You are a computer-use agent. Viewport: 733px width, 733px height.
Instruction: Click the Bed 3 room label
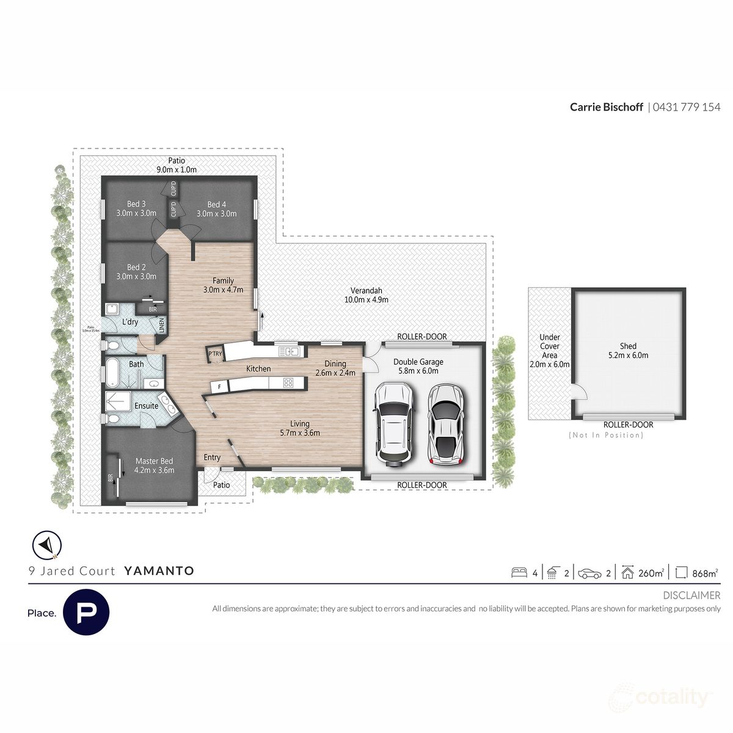136,208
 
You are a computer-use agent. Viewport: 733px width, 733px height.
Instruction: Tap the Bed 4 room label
216,209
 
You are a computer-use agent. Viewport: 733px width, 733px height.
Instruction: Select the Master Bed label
155,465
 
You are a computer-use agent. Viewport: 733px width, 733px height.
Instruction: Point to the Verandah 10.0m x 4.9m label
366,295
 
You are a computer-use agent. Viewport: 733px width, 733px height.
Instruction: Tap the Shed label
628,350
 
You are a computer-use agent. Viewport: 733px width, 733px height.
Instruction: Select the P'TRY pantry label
215,354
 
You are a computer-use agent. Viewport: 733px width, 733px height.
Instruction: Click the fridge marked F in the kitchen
219,386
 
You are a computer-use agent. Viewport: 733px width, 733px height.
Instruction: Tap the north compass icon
46,545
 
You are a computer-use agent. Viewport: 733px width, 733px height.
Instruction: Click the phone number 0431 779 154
687,107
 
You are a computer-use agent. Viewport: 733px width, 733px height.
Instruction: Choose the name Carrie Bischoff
606,107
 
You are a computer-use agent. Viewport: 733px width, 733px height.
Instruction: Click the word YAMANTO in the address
159,571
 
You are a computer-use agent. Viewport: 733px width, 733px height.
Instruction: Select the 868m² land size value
705,573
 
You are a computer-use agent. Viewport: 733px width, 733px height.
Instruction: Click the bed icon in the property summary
519,572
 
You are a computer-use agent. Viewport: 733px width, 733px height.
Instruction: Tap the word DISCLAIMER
691,595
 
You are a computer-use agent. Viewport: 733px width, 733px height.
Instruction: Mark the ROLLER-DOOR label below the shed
628,425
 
